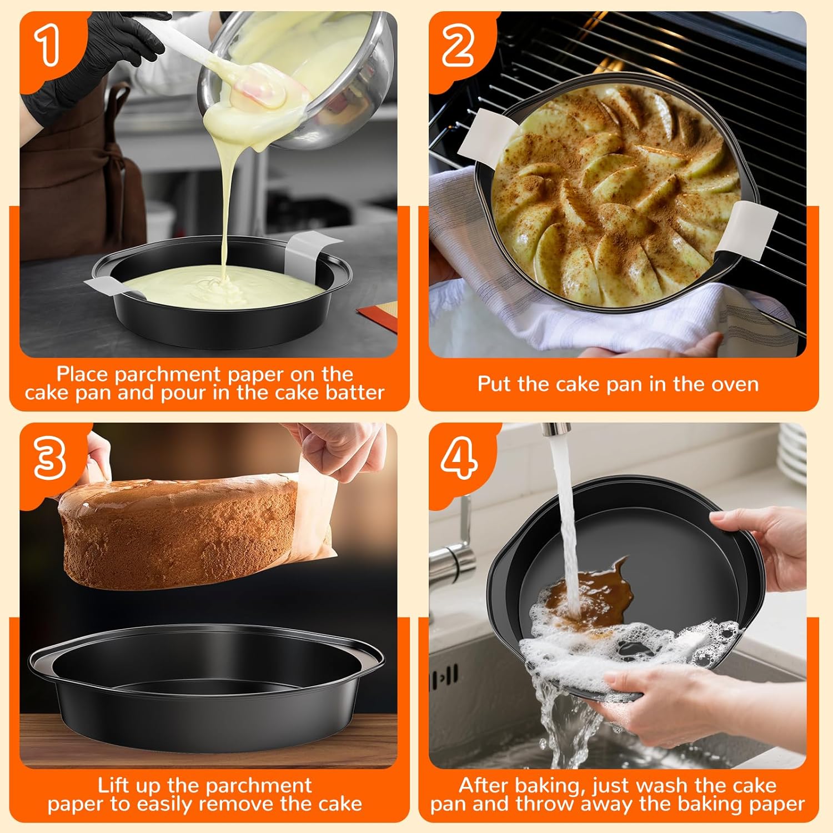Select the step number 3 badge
[x=49, y=459]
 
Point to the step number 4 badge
[x=459, y=459]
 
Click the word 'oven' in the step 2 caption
[x=735, y=384]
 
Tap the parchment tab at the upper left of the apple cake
[x=489, y=133]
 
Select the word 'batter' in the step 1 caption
[x=355, y=393]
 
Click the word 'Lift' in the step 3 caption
[x=114, y=785]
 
